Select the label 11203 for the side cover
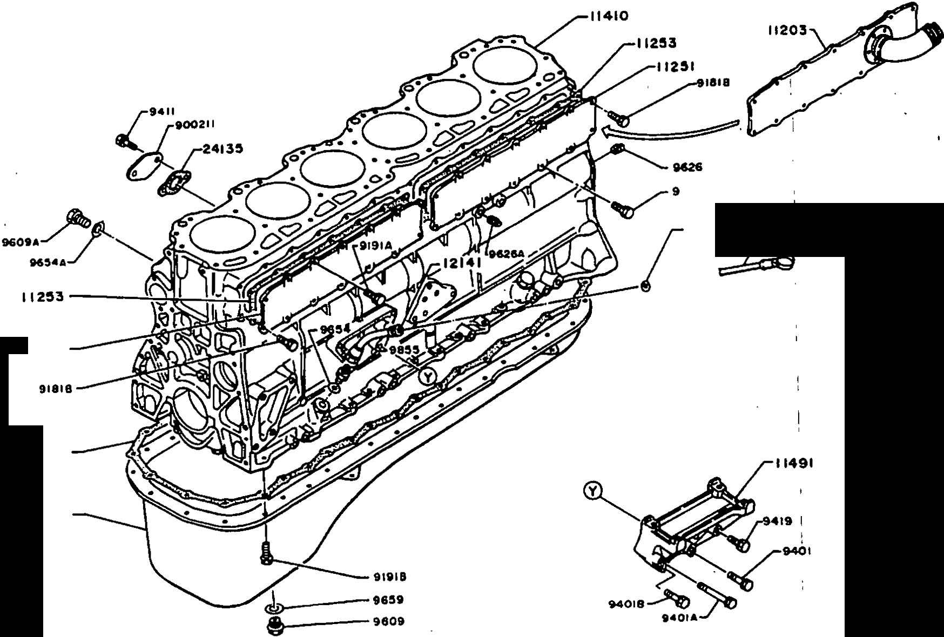(x=787, y=30)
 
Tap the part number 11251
(x=677, y=66)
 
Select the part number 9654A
(x=48, y=262)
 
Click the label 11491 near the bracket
(x=794, y=463)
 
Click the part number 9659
(x=388, y=600)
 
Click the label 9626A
(x=506, y=253)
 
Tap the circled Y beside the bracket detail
(x=593, y=491)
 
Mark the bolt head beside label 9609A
(x=77, y=218)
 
